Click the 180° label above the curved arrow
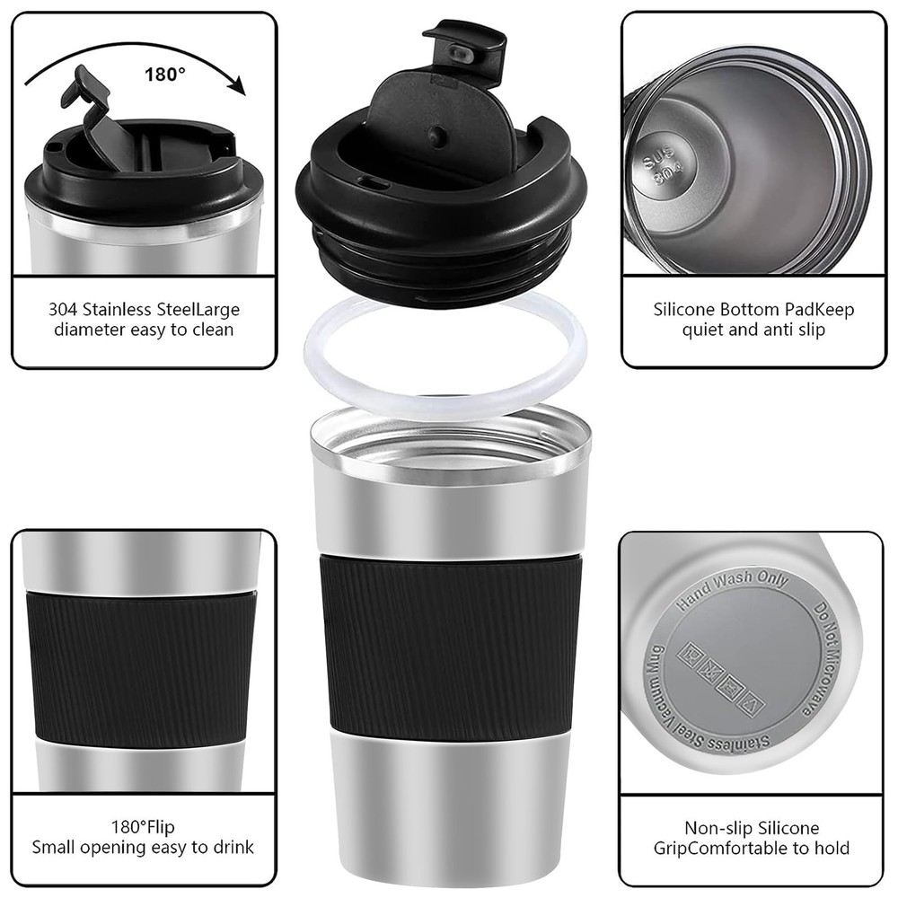pyautogui.click(x=165, y=74)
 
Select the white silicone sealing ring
pyautogui.click(x=445, y=358)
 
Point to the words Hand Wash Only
pyautogui.click(x=732, y=589)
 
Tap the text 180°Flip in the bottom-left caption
pyautogui.click(x=143, y=827)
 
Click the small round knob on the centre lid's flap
pyautogui.click(x=439, y=136)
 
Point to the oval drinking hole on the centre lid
pyautogui.click(x=373, y=183)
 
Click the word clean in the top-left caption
pyautogui.click(x=212, y=330)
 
